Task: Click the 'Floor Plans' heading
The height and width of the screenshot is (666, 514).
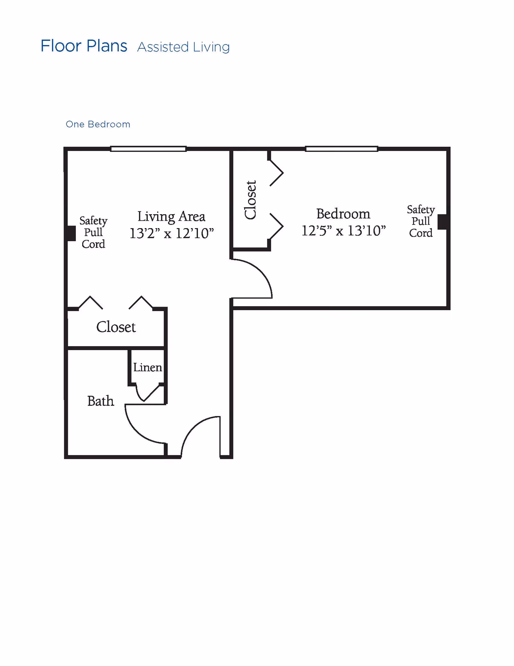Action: tap(84, 46)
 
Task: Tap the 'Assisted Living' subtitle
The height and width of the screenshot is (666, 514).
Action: tap(183, 47)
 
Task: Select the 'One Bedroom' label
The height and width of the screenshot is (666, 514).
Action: tap(98, 125)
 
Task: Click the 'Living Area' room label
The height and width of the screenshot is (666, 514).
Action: tap(171, 217)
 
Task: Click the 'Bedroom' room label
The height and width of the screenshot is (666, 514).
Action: tap(343, 214)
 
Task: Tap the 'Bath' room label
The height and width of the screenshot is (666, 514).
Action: tap(101, 401)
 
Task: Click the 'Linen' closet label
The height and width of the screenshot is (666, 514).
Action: tap(147, 367)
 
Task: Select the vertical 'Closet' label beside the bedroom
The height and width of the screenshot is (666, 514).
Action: tap(251, 200)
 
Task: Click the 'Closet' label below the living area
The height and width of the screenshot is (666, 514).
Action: tap(116, 327)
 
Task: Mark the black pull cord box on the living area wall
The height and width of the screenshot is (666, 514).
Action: tap(71, 233)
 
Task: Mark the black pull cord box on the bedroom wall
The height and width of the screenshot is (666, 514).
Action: tap(442, 222)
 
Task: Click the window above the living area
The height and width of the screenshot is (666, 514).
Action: tap(148, 149)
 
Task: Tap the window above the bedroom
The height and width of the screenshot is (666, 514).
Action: tap(341, 149)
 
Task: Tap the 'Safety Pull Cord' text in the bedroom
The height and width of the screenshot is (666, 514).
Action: tap(421, 221)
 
